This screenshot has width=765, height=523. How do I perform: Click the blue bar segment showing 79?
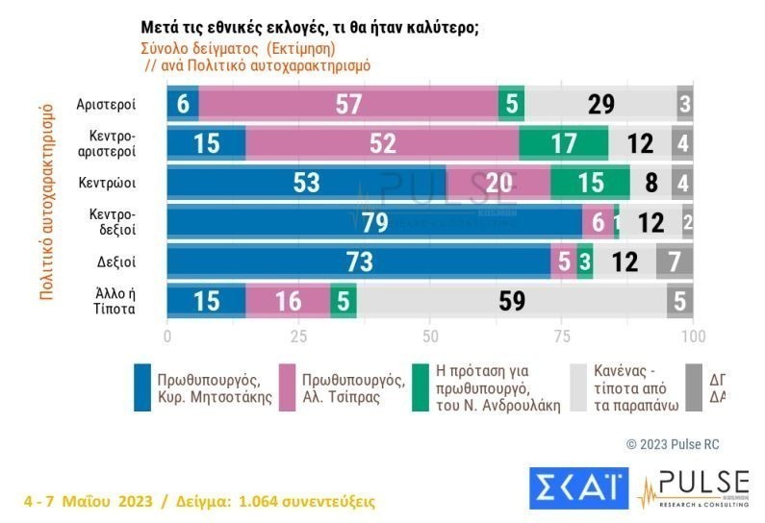374,222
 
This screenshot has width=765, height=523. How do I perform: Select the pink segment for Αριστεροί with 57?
347,104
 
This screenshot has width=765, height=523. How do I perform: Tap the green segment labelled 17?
563,143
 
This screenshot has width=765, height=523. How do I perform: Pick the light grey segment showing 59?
511,301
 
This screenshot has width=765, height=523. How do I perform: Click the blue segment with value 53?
306,183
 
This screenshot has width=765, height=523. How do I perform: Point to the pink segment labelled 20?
497,183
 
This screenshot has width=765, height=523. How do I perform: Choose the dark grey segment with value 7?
674,261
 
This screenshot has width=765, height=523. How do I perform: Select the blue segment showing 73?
358,261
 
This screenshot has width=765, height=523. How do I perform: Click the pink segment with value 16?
287,301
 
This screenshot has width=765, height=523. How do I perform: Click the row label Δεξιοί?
115,261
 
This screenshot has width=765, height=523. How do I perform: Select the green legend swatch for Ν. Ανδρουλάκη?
420,387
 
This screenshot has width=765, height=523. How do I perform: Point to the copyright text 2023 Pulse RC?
673,444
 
